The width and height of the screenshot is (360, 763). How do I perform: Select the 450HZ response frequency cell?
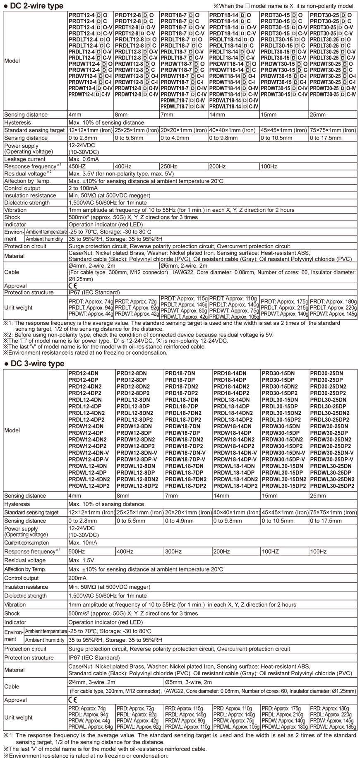click(77, 166)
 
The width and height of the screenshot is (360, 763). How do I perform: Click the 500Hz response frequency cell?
click(77, 552)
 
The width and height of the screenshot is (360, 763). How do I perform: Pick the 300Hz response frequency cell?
click(173, 552)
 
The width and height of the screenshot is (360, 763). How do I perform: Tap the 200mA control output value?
click(77, 578)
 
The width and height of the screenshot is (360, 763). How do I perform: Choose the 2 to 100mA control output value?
click(86, 188)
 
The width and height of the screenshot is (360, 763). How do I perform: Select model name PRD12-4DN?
click(83, 373)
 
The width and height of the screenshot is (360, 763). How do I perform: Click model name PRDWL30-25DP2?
click(332, 486)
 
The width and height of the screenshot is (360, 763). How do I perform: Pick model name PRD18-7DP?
click(180, 380)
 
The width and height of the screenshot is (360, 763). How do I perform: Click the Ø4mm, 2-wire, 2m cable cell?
click(92, 266)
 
